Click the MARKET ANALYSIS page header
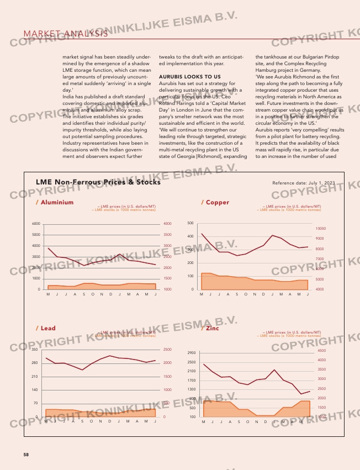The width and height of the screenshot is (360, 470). [66, 34]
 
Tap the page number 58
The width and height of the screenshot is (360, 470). [26, 455]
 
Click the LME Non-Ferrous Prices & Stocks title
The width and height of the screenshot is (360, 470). [98, 182]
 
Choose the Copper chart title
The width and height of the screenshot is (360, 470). [215, 202]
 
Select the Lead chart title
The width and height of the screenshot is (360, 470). [46, 328]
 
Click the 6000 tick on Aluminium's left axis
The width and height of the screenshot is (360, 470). [35, 224]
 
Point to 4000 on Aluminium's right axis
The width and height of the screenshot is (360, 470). [168, 224]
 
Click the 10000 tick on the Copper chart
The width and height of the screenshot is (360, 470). [321, 228]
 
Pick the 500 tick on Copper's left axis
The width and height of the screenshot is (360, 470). [190, 223]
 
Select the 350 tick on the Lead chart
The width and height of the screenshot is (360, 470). [34, 350]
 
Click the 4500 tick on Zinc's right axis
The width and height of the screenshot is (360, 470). [322, 350]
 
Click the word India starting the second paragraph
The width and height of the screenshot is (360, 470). [70, 97]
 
